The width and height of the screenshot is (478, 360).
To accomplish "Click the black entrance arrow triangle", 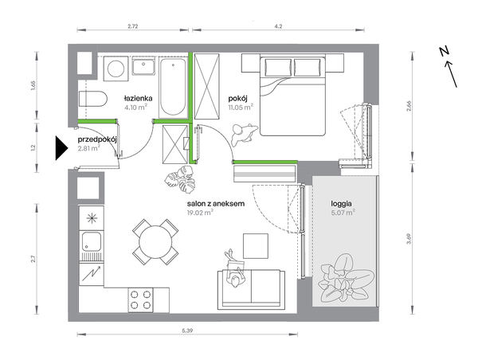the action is tap(61, 148).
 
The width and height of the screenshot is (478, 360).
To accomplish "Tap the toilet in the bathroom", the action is tap(93, 99).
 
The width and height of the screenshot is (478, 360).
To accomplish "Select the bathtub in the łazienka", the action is tap(173, 87).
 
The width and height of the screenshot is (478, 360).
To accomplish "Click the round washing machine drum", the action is tap(116, 68).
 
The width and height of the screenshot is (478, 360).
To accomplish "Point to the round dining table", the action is tap(155, 242).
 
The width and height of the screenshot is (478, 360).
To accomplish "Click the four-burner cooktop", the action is tap(140, 299).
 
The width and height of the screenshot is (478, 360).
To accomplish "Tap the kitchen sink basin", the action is tap(91, 242).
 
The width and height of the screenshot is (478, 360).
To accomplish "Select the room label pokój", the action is tap(237, 99).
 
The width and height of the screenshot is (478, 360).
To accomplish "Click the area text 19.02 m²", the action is tap(200, 213).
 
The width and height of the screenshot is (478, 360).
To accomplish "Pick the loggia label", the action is tap(342, 203).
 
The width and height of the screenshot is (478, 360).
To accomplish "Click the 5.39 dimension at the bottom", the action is tap(187, 330).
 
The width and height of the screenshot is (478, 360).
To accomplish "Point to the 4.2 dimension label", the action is tap(278, 26).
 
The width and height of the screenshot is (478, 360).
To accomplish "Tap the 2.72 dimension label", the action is tap(132, 26).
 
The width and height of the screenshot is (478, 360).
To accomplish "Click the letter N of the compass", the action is tap(445, 52).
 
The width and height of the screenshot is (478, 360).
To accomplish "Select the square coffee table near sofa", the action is tap(256, 245).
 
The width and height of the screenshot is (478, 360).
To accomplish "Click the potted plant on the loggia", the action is tap(346, 279).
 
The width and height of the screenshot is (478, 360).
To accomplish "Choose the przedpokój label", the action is tap(97, 139).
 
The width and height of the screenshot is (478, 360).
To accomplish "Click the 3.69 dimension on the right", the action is tap(409, 238).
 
